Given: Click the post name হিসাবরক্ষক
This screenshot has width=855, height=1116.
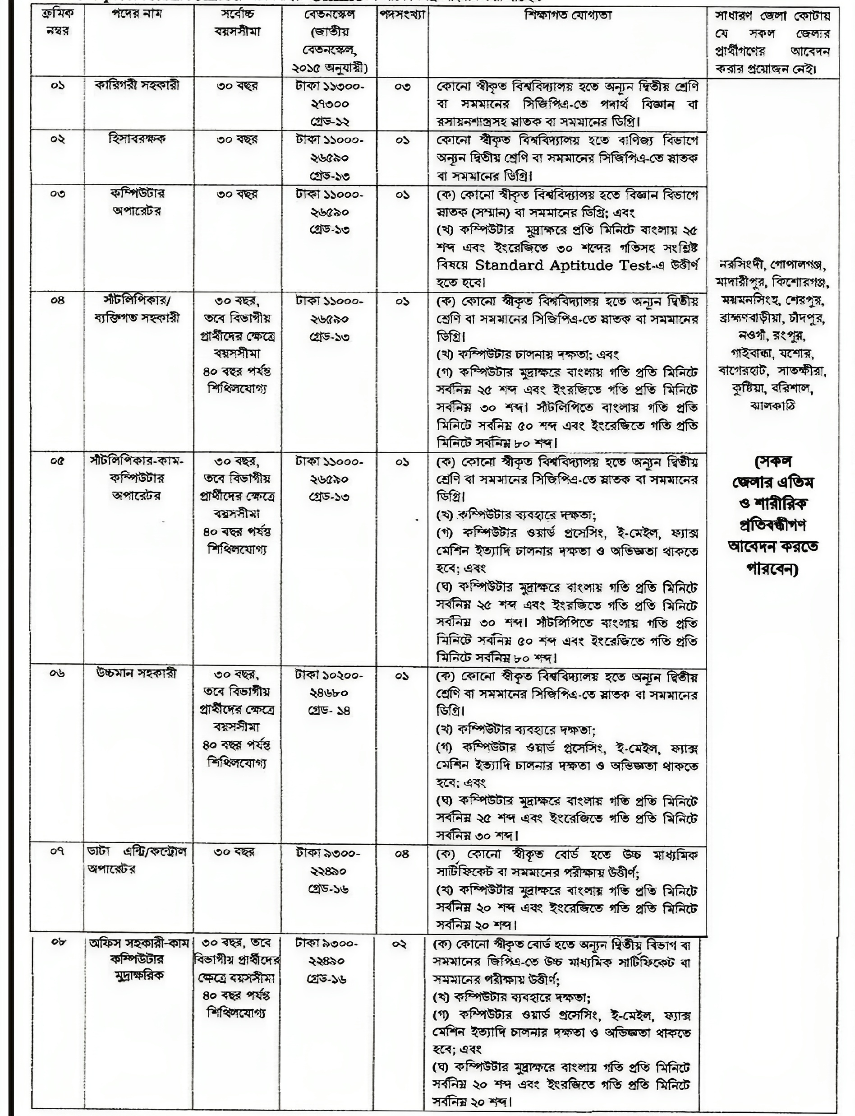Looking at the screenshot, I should tap(138, 139).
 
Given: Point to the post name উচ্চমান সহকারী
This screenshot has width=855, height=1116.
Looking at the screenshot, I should tap(138, 674).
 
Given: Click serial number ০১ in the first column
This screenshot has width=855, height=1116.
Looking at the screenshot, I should tap(58, 86).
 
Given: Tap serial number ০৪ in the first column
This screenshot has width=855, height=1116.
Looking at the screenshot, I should tap(58, 301).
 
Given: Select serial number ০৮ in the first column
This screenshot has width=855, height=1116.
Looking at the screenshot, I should tap(58, 942).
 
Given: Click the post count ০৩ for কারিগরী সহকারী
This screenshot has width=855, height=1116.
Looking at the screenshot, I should tap(402, 87).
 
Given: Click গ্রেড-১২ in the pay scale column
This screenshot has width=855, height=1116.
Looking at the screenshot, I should tap(329, 122).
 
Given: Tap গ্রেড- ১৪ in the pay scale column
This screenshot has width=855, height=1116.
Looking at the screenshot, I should tap(329, 710).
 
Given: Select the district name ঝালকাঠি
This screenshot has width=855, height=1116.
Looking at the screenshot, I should tap(772, 406).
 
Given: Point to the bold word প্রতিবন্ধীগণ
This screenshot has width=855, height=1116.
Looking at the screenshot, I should tap(772, 525).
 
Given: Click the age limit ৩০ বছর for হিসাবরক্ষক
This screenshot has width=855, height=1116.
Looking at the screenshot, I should tap(237, 139).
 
